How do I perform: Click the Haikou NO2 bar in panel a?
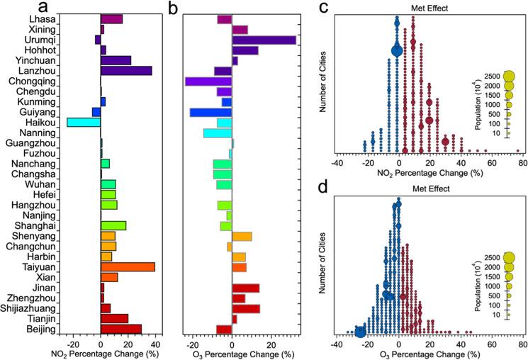84,122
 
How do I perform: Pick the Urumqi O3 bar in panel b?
264,40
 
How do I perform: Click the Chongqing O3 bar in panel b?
208,81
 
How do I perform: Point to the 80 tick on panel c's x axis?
522,162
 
